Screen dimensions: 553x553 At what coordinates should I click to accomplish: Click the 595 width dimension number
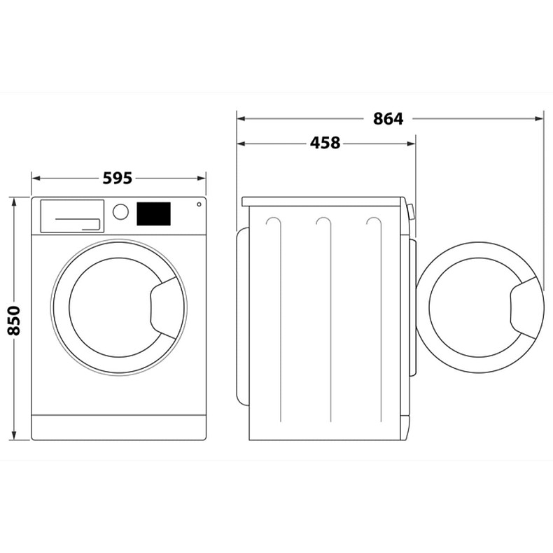point(118,178)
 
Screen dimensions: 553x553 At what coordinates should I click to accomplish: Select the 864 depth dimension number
point(388,119)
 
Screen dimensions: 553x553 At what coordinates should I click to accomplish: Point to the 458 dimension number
point(325,143)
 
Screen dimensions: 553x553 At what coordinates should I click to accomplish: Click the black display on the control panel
point(153,213)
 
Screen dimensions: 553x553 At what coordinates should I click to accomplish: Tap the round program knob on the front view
point(121,211)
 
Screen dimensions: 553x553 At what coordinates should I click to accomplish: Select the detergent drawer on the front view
point(72,215)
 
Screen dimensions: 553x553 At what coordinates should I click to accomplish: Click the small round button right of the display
point(199,205)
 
